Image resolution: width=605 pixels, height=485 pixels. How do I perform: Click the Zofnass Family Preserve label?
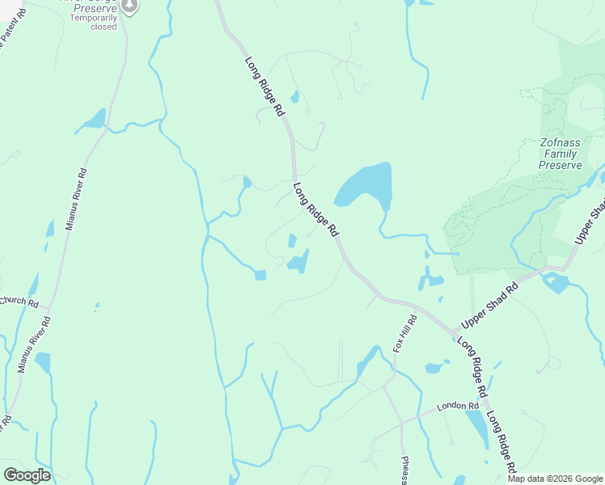pos(561,154)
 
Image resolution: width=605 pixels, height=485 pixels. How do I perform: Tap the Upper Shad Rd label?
pos(489,306)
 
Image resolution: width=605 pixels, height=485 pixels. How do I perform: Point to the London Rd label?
pos(453,407)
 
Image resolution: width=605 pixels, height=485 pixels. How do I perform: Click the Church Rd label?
pos(19,302)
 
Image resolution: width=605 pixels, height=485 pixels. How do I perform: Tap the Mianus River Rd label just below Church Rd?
pos(34,344)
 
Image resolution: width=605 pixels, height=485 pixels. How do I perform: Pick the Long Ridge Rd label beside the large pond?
pos(315,209)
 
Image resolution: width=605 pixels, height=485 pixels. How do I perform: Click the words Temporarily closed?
pos(93,22)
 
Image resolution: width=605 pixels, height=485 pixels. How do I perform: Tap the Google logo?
pos(27,474)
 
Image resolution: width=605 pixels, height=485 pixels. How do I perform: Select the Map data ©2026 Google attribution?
pos(555,479)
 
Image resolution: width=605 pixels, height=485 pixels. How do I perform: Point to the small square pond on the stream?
pos(260,276)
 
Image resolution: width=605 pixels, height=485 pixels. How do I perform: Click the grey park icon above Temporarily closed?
pos(129,6)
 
